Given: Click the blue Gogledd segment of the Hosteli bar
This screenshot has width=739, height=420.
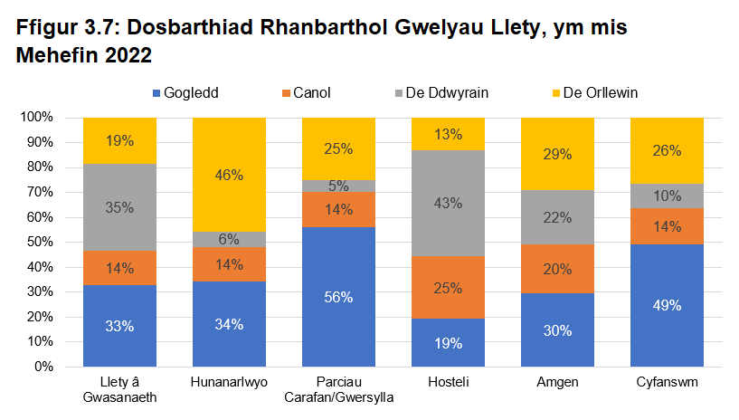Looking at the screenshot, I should click(448, 342).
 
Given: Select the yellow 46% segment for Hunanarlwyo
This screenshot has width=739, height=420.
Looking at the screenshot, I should click(229, 175).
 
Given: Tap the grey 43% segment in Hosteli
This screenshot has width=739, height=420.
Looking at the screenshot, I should click(448, 203).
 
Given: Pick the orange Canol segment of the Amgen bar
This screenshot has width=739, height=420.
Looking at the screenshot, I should click(558, 268).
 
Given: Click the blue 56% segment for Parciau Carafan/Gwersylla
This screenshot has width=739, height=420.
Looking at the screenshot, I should click(338, 297).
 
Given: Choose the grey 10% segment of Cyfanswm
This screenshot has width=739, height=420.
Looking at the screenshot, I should click(668, 196).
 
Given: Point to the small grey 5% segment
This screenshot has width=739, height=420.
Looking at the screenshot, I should click(338, 186).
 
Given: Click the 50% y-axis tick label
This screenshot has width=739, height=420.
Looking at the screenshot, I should click(41, 243).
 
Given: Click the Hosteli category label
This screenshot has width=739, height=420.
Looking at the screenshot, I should click(448, 383).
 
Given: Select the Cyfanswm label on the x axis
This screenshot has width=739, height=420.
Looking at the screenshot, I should click(668, 383).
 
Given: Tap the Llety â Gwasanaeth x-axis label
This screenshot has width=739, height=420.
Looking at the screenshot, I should click(119, 390).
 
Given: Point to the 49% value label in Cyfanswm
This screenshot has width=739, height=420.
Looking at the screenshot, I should click(668, 305).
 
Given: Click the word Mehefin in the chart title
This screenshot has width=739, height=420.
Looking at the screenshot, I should click(65, 55).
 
